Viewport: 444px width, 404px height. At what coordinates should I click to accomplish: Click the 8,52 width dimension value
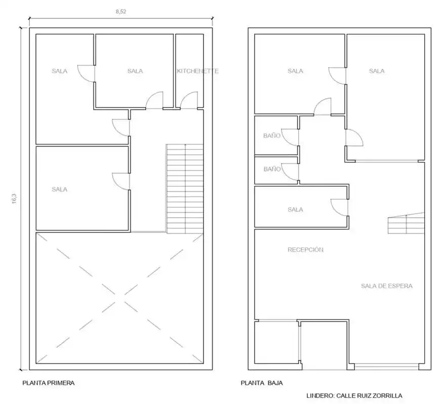tap(120, 12)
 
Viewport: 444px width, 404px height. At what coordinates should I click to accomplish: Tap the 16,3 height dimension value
tap(14, 198)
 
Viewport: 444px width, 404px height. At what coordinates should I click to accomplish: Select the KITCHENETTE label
tap(197, 71)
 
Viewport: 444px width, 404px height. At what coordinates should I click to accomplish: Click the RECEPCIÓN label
tap(305, 250)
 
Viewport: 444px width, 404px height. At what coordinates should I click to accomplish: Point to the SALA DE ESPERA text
tap(386, 286)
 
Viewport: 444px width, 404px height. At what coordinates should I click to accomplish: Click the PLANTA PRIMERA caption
tap(49, 383)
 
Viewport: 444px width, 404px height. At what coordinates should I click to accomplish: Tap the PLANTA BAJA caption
tap(262, 383)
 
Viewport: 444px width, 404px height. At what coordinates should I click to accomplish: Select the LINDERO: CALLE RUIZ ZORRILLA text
tap(354, 395)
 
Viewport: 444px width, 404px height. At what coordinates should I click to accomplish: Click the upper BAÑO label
tap(272, 136)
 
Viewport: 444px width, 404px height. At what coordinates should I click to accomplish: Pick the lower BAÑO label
tap(272, 169)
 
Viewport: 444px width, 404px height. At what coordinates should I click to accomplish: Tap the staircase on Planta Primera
tap(185, 189)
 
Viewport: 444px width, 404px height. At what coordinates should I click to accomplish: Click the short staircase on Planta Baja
tap(406, 223)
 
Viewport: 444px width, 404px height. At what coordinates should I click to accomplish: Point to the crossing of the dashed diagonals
tap(119, 298)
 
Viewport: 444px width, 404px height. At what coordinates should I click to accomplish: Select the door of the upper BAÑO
tap(290, 138)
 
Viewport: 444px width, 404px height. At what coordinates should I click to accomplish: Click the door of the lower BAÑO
tap(290, 172)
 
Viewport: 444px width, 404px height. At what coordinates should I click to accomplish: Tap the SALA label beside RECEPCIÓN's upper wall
tap(295, 210)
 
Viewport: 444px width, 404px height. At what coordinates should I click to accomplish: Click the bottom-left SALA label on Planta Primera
tap(59, 189)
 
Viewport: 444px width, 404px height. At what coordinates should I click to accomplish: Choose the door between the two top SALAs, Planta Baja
tap(337, 75)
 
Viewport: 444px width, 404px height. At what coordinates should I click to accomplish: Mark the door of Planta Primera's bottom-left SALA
tap(121, 181)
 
